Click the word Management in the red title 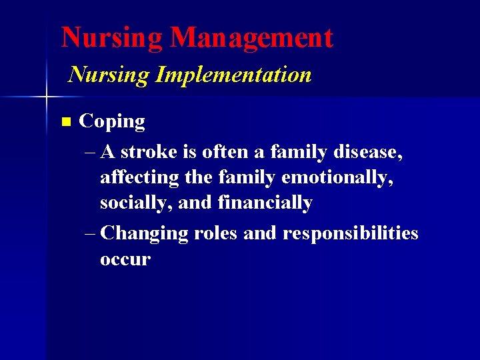tap(251, 38)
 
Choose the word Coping tap(112, 122)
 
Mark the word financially tap(265, 203)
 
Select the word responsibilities tap(350, 234)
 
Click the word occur tap(125, 259)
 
